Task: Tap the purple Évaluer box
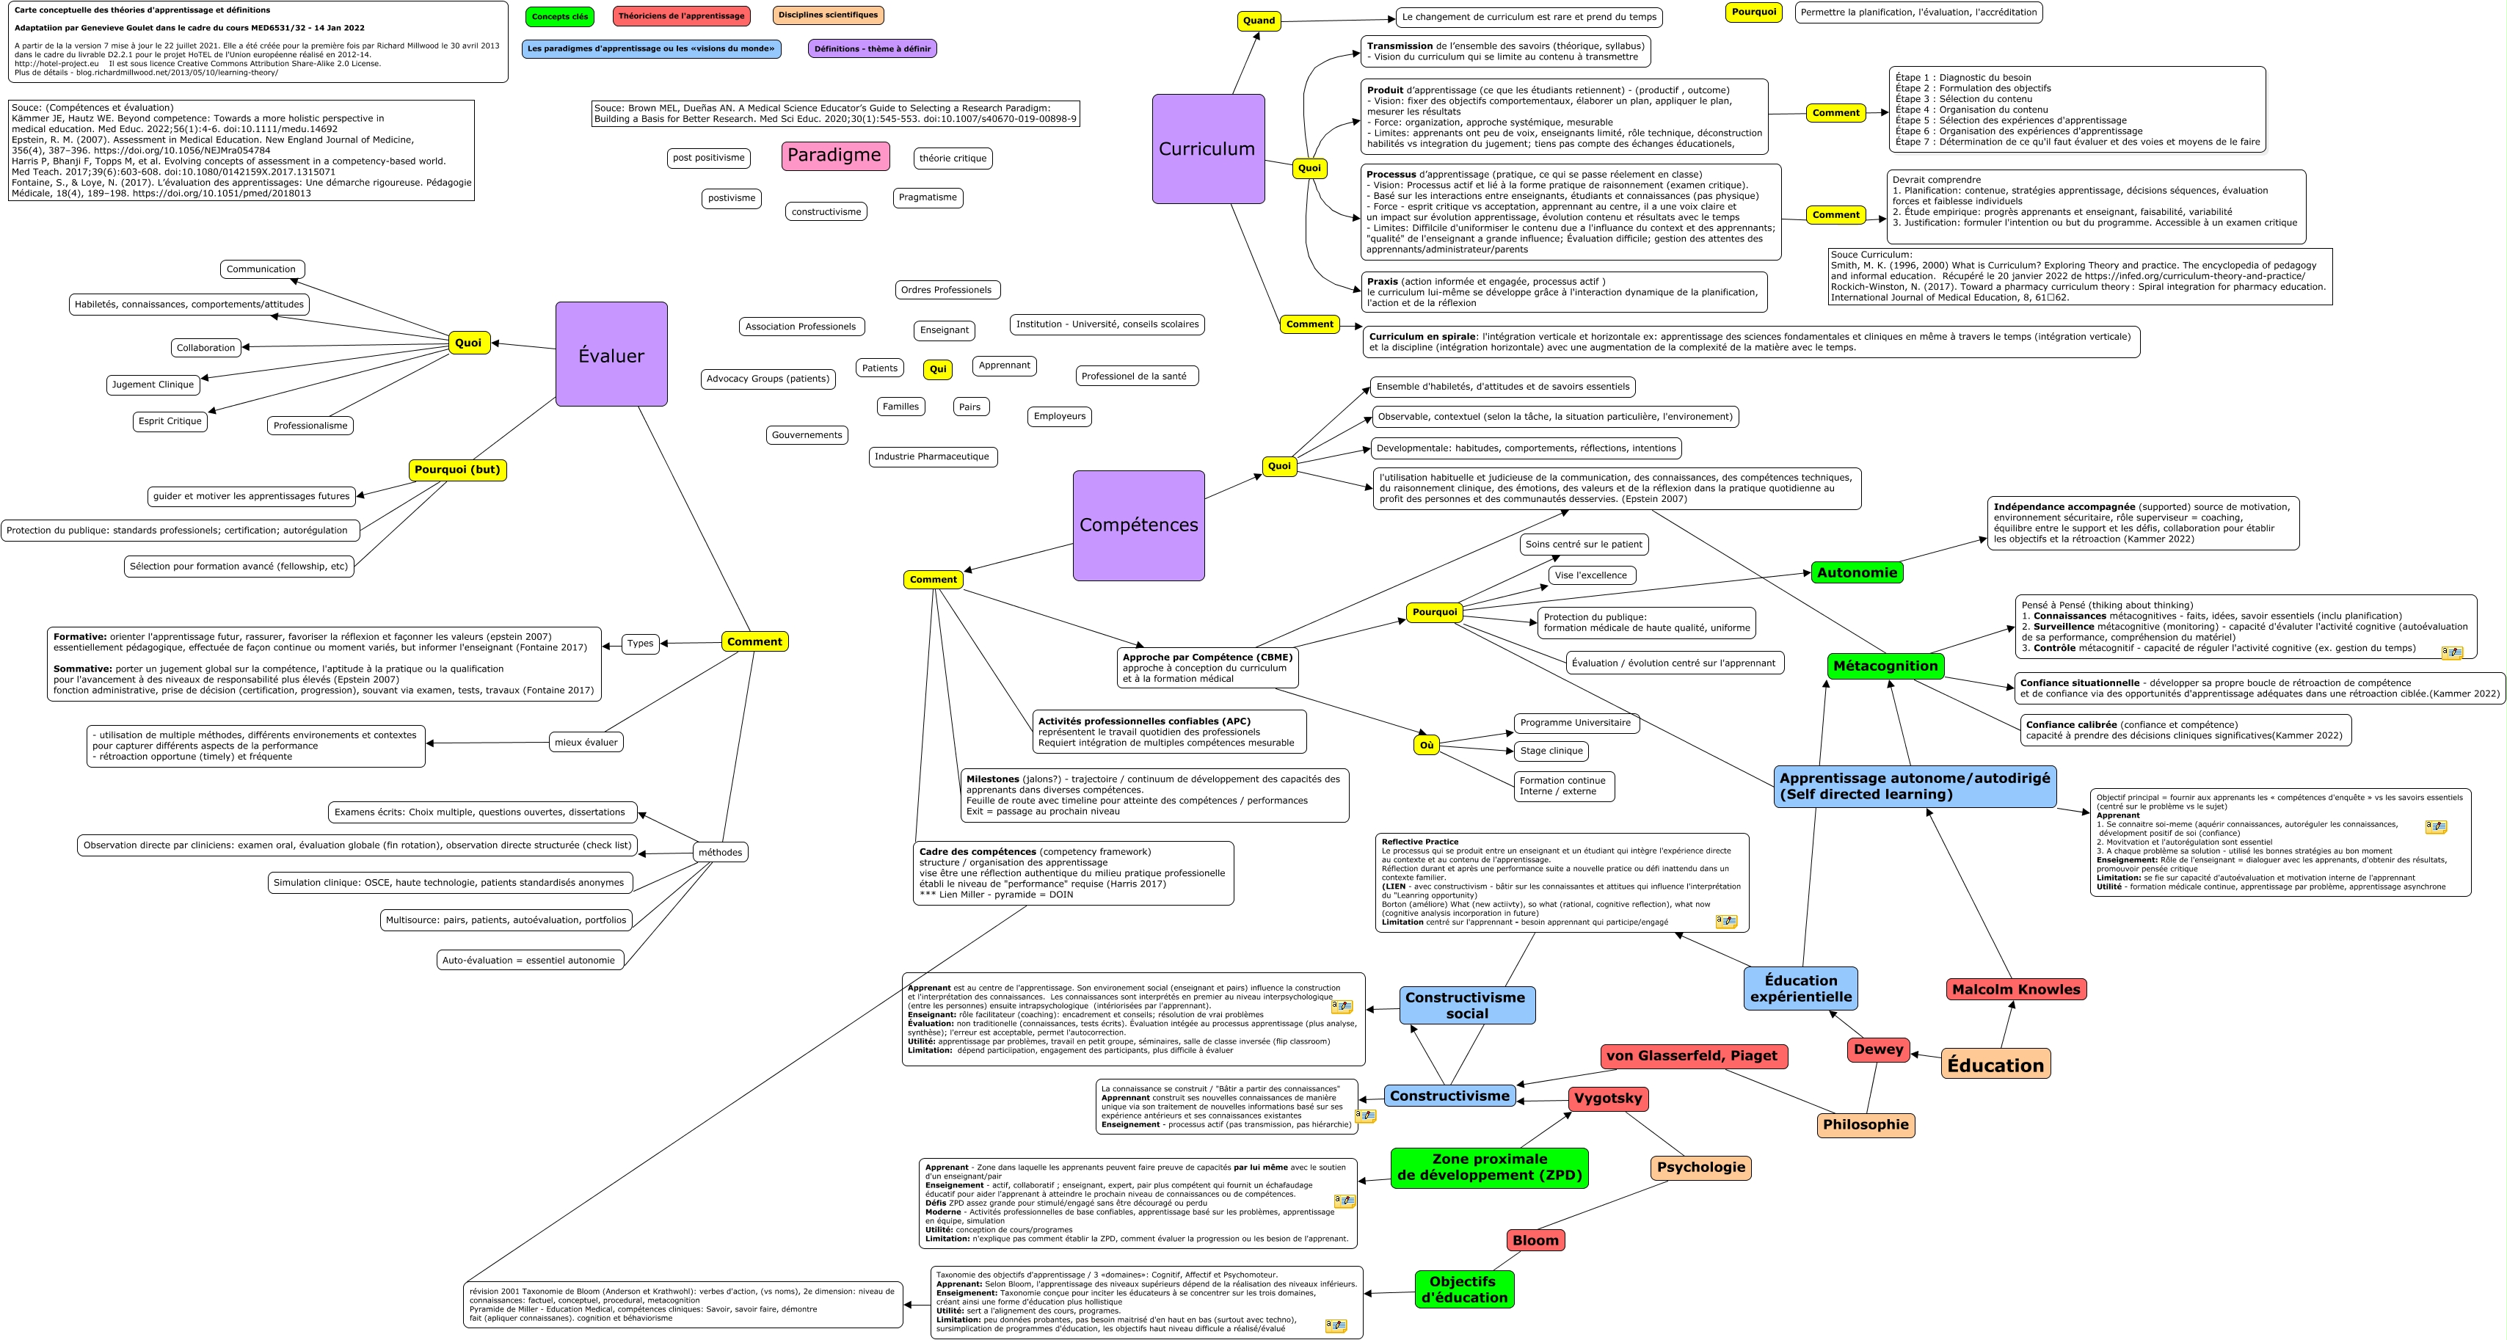point(611,355)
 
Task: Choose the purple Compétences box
point(1139,525)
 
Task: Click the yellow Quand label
point(1259,21)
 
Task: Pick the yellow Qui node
point(937,369)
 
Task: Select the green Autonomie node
point(1856,572)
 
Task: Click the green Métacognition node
point(1885,666)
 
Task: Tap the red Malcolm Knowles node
point(2015,988)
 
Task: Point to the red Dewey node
point(1877,1049)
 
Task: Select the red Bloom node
point(1535,1239)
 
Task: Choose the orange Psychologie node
point(1700,1167)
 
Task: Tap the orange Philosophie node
point(1865,1124)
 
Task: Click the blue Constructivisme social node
point(1466,1005)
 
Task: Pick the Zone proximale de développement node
point(1489,1167)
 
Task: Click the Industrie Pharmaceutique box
point(931,456)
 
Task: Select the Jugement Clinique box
point(153,385)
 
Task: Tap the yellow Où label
point(1426,744)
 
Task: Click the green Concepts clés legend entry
point(559,17)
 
